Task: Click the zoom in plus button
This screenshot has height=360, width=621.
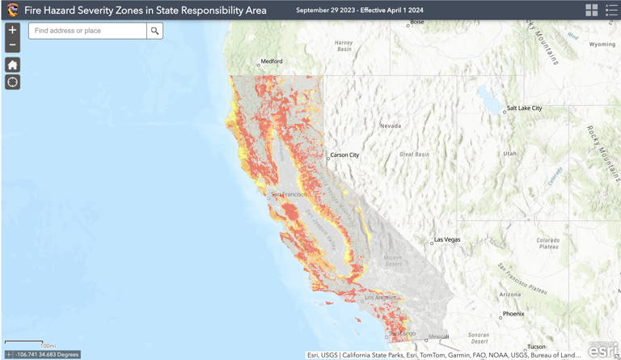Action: click(12, 30)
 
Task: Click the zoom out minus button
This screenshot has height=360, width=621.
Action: click(12, 45)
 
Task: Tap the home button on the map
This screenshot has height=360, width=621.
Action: click(12, 65)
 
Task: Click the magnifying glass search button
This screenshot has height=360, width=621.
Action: click(154, 31)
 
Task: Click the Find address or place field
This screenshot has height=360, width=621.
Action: click(87, 31)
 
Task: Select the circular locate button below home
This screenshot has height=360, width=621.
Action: click(12, 82)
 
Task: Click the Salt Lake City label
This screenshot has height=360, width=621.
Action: click(524, 108)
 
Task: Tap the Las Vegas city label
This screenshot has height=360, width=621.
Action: click(446, 239)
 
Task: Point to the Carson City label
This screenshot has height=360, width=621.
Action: click(344, 155)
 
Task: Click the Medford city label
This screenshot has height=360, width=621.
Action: click(272, 61)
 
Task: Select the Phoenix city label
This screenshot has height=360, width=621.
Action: click(513, 314)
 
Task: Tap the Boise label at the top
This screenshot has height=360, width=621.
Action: click(417, 23)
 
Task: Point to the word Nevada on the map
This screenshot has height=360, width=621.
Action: click(391, 125)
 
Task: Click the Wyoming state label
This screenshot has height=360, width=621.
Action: click(602, 44)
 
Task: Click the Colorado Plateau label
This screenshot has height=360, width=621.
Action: click(549, 244)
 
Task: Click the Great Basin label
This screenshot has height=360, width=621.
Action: click(414, 154)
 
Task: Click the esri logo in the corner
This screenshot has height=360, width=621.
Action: click(602, 349)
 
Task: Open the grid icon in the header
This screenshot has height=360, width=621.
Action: click(592, 10)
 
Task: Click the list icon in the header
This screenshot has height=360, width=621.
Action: click(611, 10)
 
